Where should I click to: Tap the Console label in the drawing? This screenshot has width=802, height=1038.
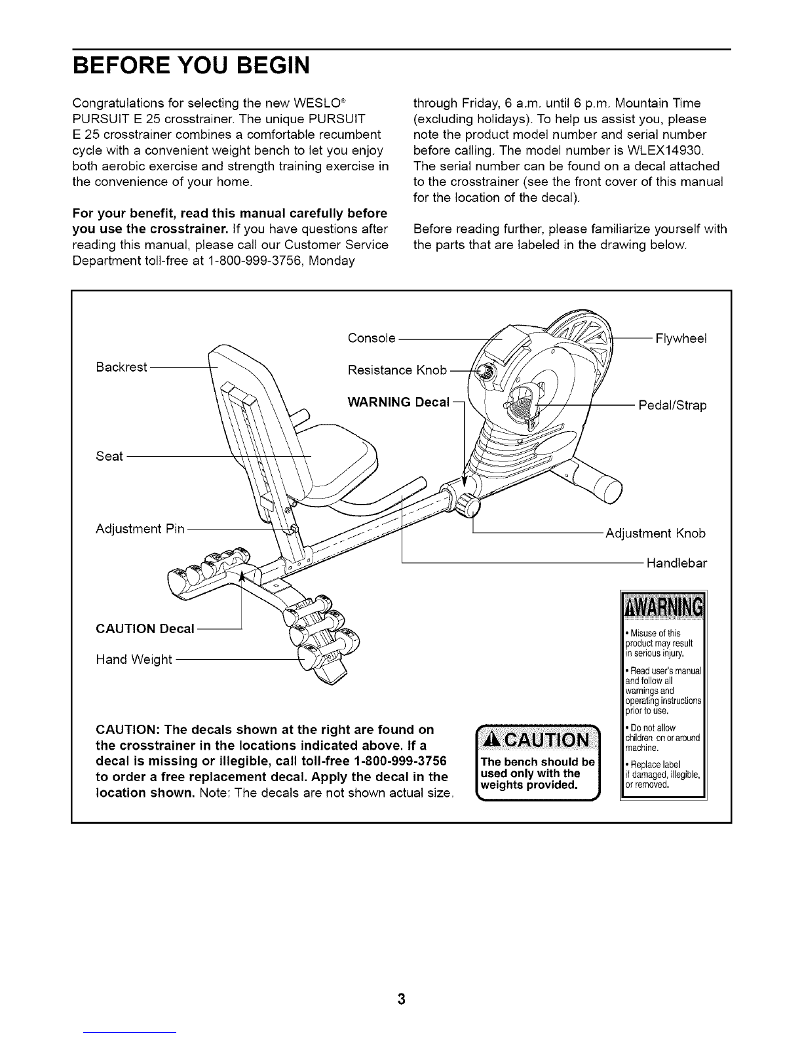[372, 338]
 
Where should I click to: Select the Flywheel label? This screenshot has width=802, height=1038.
[681, 338]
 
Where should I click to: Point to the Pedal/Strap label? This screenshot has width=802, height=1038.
[673, 406]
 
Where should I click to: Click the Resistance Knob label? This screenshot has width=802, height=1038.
[397, 371]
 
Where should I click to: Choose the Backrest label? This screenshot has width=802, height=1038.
[121, 367]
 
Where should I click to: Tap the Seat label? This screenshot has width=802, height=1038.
[109, 456]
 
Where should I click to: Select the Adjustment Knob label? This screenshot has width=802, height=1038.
[656, 533]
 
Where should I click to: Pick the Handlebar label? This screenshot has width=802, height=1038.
[677, 563]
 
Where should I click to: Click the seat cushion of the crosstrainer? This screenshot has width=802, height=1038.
[341, 459]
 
